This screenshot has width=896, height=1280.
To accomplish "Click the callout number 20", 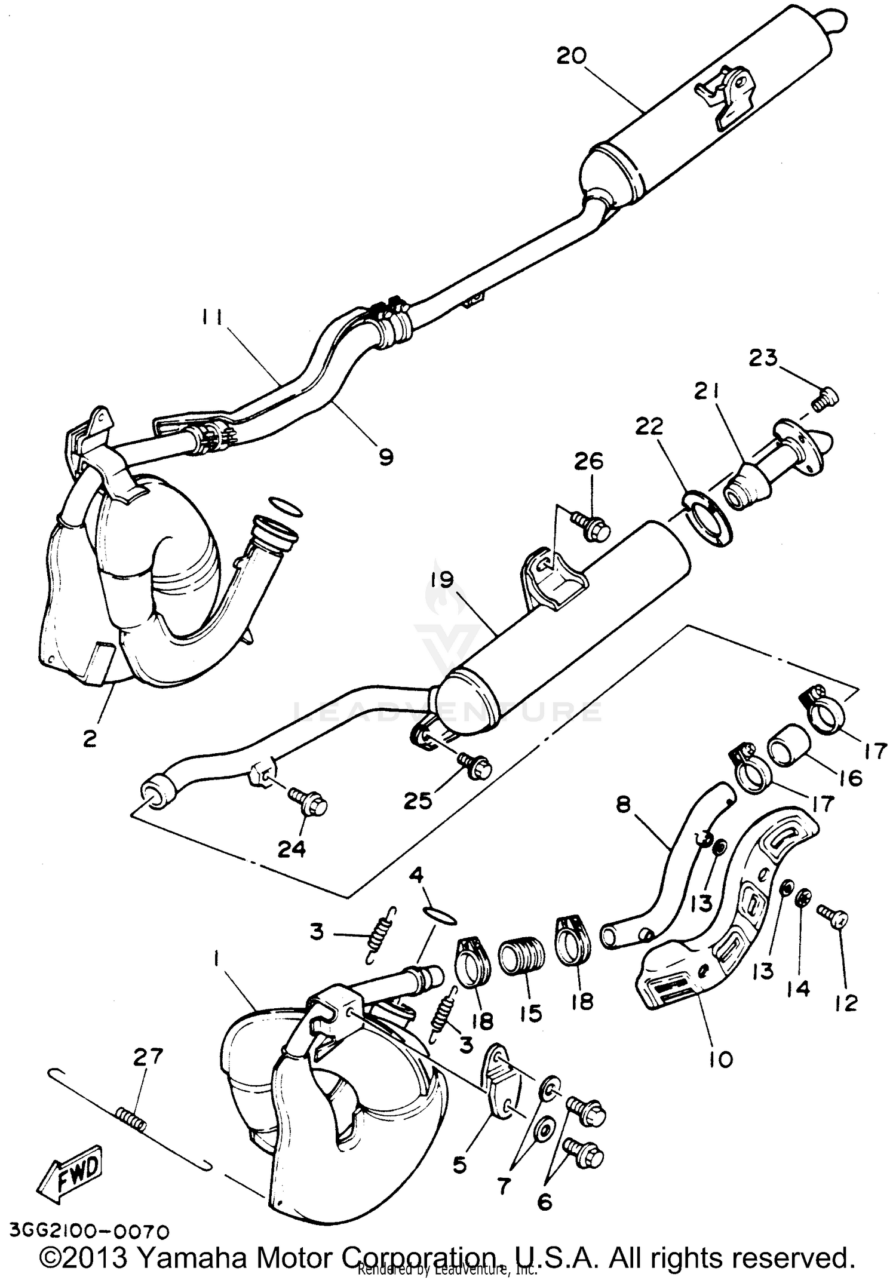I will pyautogui.click(x=572, y=56).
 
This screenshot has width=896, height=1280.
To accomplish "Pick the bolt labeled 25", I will pyautogui.click(x=475, y=766).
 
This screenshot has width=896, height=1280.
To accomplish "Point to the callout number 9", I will pyautogui.click(x=386, y=458).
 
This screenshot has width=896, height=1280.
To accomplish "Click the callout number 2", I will pyautogui.click(x=90, y=739).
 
